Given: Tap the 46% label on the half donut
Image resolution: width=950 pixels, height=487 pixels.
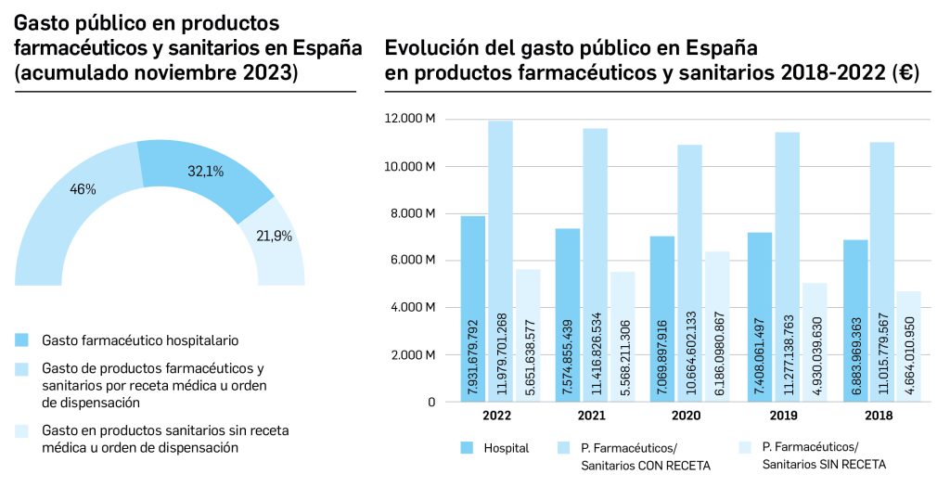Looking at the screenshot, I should click(x=83, y=189).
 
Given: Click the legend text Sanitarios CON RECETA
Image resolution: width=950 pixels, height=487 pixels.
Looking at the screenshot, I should click(x=646, y=465).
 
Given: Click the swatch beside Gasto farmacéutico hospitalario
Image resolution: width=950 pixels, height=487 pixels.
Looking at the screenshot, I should click(x=23, y=340).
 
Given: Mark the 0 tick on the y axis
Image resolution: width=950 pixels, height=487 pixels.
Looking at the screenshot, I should click(x=431, y=403).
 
